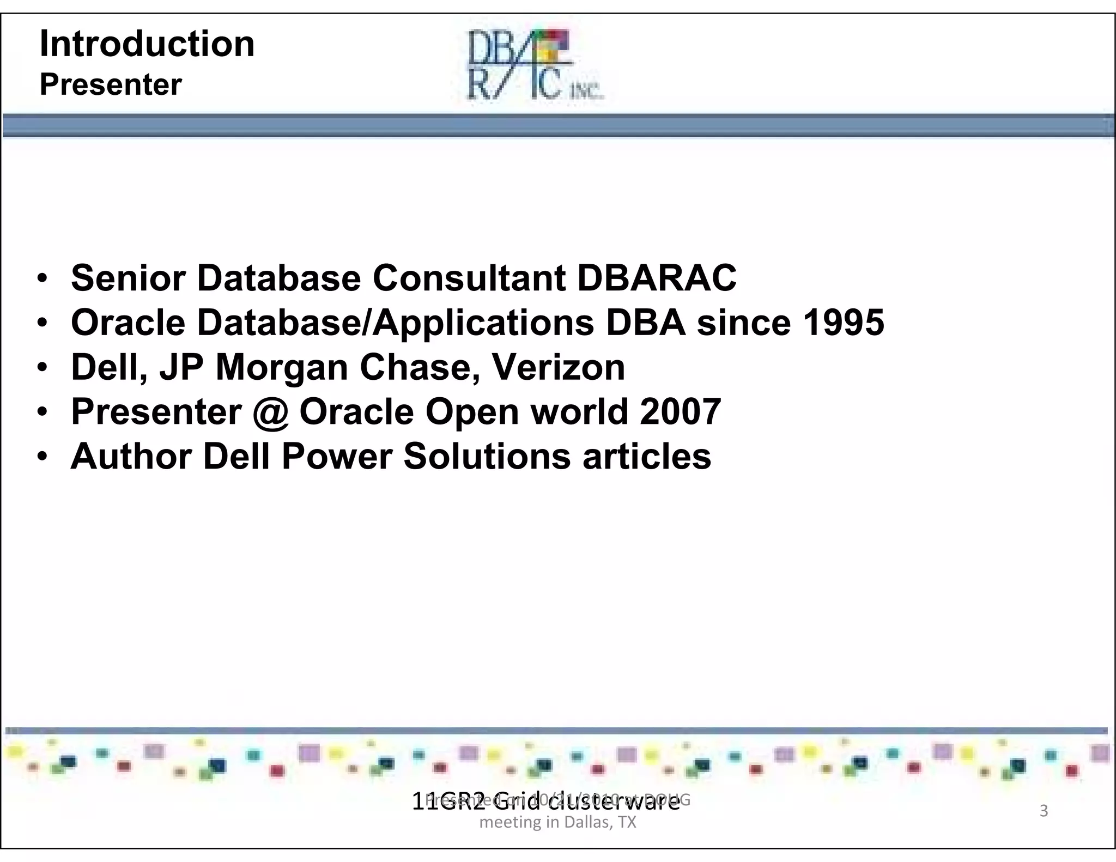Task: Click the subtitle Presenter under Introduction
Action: [111, 85]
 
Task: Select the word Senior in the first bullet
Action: [129, 278]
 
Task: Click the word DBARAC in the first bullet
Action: [657, 278]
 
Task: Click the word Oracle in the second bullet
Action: [129, 323]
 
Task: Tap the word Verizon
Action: [559, 367]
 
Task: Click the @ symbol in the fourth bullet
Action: [271, 412]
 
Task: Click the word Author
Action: [131, 456]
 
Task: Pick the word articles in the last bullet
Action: [647, 456]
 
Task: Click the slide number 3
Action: [1044, 811]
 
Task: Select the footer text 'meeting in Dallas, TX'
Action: [557, 822]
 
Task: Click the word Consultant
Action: [469, 278]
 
